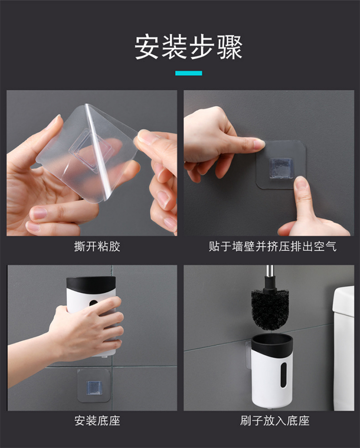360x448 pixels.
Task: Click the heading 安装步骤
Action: [x=189, y=47]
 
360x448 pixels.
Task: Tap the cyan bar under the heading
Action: [x=189, y=73]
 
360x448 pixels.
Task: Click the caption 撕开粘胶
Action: [x=97, y=246]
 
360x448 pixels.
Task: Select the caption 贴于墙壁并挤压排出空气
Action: [x=273, y=246]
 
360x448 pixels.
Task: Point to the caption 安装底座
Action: [x=97, y=421]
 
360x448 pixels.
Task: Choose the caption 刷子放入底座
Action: [x=275, y=421]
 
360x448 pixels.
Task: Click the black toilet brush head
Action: [x=270, y=309]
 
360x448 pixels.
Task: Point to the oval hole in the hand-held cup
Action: [x=94, y=303]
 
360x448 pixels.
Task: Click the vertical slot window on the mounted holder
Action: [x=283, y=375]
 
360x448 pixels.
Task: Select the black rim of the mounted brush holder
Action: [x=272, y=343]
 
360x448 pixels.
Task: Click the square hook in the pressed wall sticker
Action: [x=281, y=168]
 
